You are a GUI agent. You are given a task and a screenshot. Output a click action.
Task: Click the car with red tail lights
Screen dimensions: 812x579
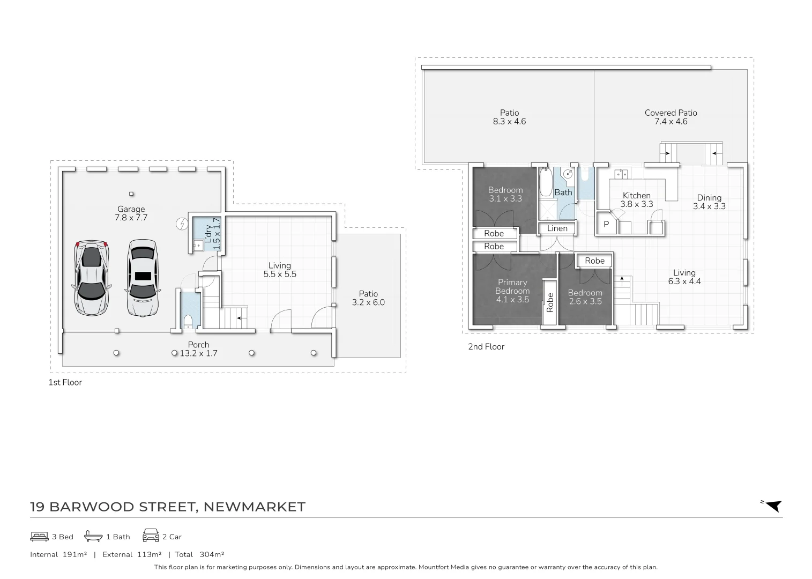click(91, 278)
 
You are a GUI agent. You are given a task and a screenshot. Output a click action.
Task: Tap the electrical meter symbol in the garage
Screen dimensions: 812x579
click(182, 224)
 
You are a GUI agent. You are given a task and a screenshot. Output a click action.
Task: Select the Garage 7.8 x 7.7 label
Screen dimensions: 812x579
click(131, 213)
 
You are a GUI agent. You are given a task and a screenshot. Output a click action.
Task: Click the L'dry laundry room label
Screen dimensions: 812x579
click(212, 234)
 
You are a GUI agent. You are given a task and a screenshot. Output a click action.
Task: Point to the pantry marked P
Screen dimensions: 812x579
click(606, 225)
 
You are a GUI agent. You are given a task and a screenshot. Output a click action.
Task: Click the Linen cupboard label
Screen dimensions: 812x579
click(557, 228)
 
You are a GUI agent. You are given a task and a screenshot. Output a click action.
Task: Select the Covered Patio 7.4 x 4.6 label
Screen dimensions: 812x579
click(671, 117)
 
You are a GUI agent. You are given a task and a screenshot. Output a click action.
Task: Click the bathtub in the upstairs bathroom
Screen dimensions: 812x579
click(545, 182)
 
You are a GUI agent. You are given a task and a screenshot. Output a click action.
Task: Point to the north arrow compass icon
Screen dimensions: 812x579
click(773, 506)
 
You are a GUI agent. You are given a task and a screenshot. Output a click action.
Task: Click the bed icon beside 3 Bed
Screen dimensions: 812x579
click(39, 536)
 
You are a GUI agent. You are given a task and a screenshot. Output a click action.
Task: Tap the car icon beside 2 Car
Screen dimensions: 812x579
click(151, 536)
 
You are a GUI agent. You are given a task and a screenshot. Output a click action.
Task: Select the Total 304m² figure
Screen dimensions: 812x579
click(199, 554)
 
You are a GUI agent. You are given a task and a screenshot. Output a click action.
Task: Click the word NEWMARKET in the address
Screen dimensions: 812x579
click(255, 507)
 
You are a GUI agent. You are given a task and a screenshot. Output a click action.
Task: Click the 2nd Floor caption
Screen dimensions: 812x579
click(486, 347)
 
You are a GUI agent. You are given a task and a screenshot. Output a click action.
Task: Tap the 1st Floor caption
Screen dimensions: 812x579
click(65, 382)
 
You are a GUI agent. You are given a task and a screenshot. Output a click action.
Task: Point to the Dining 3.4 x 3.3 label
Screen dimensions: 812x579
click(710, 202)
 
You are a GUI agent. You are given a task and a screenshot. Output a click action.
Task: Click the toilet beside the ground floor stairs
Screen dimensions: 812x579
click(188, 321)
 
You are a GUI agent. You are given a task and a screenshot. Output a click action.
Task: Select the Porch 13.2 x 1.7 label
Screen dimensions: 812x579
click(199, 349)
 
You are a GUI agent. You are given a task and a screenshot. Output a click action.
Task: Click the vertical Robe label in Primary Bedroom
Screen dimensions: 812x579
click(550, 302)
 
